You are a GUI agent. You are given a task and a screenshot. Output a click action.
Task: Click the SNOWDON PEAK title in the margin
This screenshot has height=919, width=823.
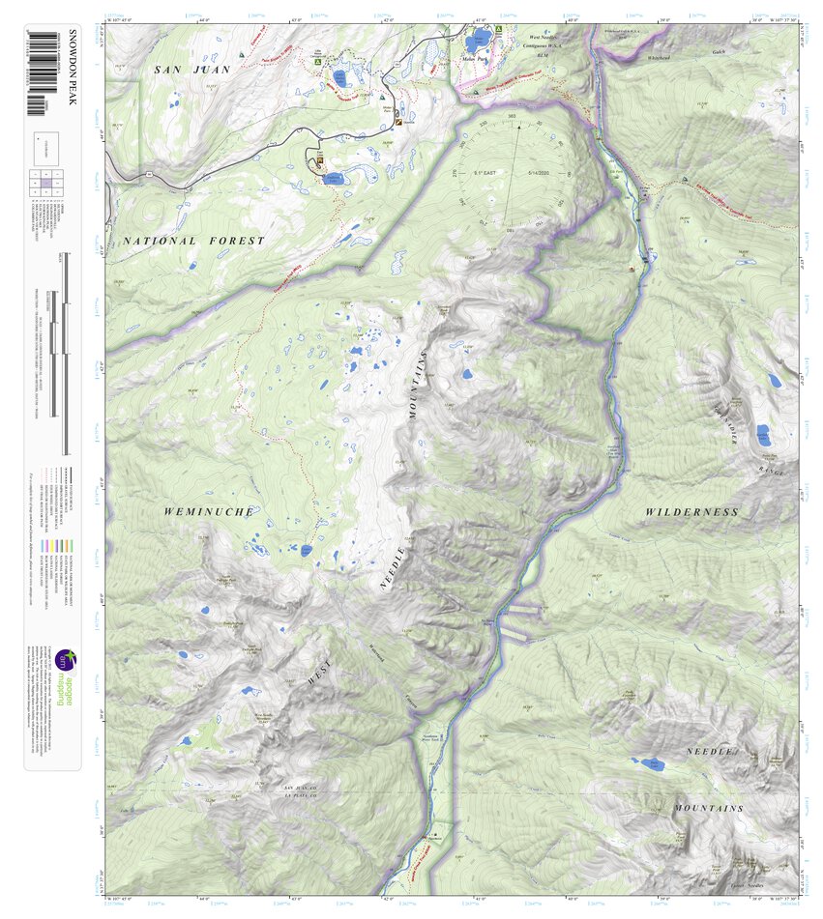[71, 78]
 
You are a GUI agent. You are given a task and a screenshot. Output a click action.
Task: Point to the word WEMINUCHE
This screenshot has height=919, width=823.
[208, 511]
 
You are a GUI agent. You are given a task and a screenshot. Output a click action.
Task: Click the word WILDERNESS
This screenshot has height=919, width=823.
[691, 511]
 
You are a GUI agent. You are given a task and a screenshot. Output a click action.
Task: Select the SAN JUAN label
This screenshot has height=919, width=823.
[191, 70]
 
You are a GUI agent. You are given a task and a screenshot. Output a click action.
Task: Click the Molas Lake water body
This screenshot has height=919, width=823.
[479, 43]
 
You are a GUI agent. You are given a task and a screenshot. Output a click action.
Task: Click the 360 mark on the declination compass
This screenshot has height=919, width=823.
[513, 115]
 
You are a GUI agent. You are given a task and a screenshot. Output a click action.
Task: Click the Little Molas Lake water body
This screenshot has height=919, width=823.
[338, 76]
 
